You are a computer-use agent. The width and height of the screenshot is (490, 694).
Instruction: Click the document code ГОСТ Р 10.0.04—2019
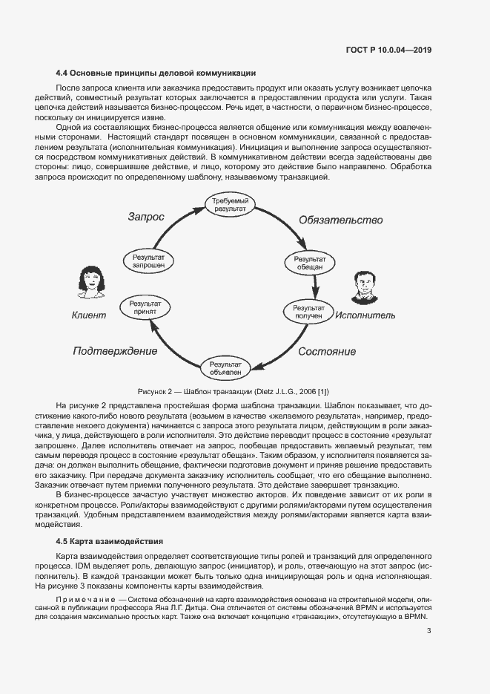tap(389, 50)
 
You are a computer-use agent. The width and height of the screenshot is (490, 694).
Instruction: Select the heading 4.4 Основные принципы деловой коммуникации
tap(156, 73)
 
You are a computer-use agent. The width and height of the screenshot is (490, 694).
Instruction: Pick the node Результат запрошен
tap(148, 259)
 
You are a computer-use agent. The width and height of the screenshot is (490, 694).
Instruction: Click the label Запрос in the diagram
tap(146, 217)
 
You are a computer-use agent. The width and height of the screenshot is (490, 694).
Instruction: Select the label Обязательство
tap(340, 220)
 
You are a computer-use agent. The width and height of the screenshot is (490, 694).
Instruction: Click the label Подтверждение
tap(115, 350)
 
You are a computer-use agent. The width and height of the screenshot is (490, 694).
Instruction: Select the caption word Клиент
tap(88, 315)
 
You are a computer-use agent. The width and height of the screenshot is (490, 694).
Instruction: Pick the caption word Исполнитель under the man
tap(365, 315)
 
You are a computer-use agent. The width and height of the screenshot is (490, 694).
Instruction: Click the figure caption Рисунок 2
tap(234, 391)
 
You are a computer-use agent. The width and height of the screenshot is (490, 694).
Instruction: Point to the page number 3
tap(429, 632)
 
